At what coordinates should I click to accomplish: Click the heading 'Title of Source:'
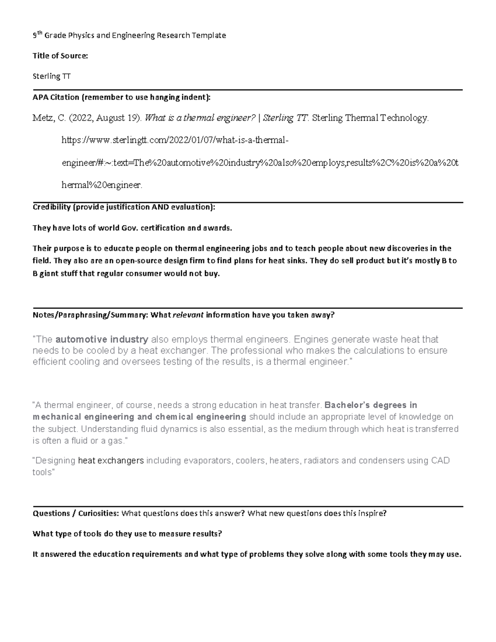pyautogui.click(x=60, y=56)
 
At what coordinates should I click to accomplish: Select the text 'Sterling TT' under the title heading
pyautogui.click(x=52, y=76)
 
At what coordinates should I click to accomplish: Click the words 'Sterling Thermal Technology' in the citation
pyautogui.click(x=370, y=118)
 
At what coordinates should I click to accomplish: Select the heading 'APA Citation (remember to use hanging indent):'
pyautogui.click(x=122, y=98)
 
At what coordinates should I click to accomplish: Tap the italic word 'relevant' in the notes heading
pyautogui.click(x=188, y=315)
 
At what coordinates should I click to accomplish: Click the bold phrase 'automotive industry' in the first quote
pyautogui.click(x=102, y=339)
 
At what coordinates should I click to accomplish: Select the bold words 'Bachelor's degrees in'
pyautogui.click(x=371, y=405)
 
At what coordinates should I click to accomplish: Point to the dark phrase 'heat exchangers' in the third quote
pyautogui.click(x=111, y=461)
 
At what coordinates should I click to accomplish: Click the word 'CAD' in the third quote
pyautogui.click(x=440, y=461)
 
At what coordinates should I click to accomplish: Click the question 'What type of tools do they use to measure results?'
pyautogui.click(x=127, y=534)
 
